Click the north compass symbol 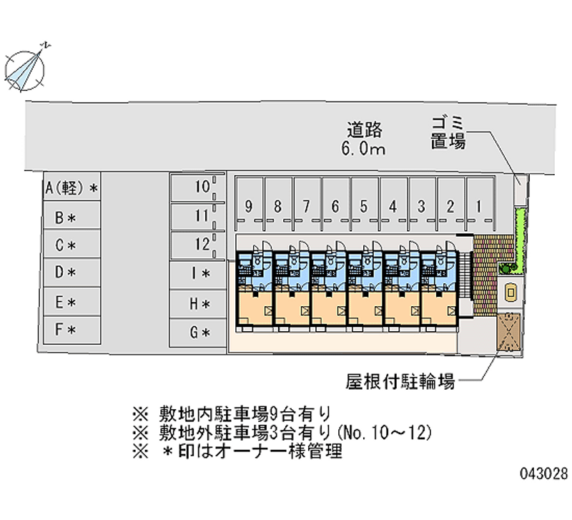tap(25, 69)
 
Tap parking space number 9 tap(249, 204)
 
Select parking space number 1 tap(480, 204)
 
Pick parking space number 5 tap(365, 204)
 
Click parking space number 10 tap(197, 187)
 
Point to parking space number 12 tap(197, 245)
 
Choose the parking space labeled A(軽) tap(72, 187)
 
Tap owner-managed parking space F tap(72, 330)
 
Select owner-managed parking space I tap(197, 274)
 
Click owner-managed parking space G tap(197, 333)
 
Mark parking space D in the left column tap(72, 273)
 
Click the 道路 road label tap(364, 130)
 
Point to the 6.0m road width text tap(363, 149)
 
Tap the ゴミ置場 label tap(448, 133)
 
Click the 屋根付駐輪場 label tap(400, 381)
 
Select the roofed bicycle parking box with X tap(509, 332)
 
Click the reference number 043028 tap(544, 474)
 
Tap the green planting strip tap(519, 238)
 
